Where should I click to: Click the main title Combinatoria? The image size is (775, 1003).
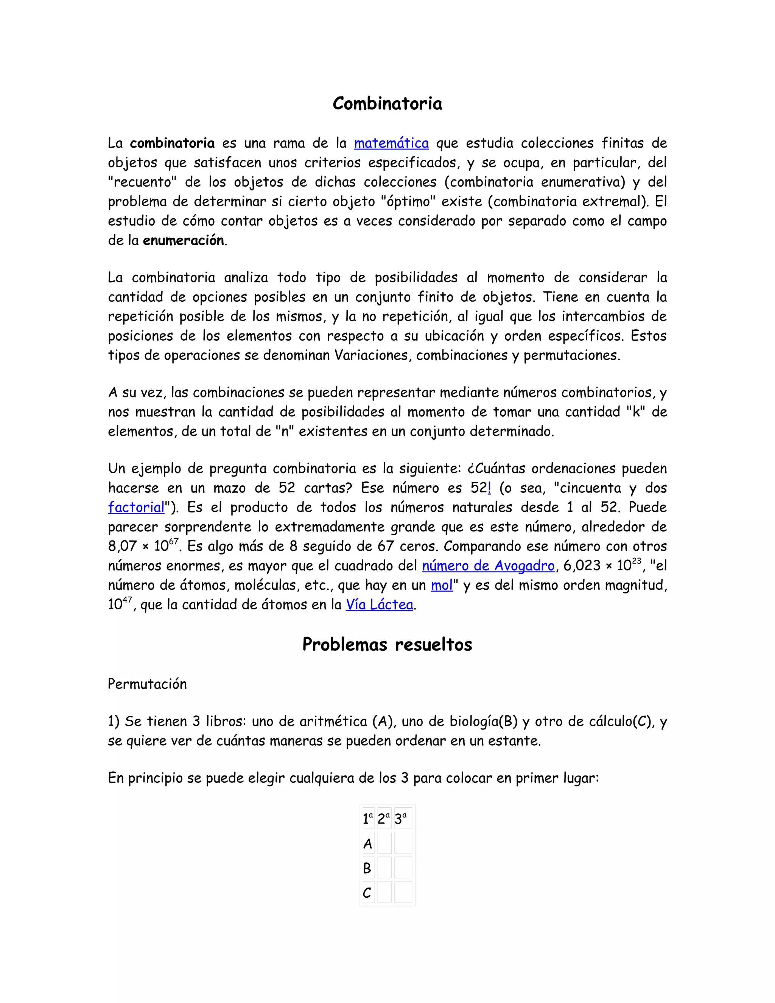click(x=387, y=104)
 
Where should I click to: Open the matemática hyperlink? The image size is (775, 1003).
click(x=391, y=143)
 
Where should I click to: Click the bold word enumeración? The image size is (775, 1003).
click(x=183, y=241)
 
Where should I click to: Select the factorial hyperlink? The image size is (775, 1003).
click(x=136, y=508)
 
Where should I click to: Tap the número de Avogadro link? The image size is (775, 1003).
click(x=488, y=566)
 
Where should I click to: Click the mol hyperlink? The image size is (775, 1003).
click(x=442, y=585)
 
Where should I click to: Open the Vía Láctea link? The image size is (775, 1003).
click(x=379, y=605)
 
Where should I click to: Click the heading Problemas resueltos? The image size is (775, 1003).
click(x=387, y=645)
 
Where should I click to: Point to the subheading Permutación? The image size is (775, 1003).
click(x=147, y=684)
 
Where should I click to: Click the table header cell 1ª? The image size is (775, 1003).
click(x=368, y=819)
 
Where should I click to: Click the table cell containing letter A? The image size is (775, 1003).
click(x=368, y=844)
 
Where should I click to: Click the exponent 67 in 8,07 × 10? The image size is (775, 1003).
click(x=174, y=542)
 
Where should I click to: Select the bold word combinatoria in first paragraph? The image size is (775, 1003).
click(x=172, y=143)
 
